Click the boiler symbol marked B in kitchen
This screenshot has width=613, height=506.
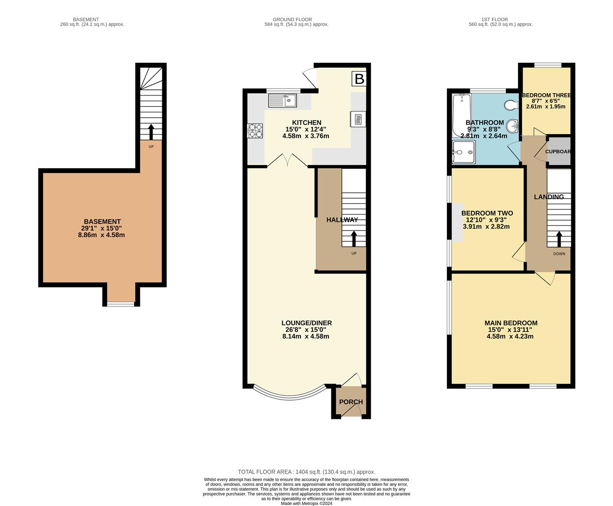[x=359, y=79]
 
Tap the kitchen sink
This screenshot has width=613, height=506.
[x=282, y=100]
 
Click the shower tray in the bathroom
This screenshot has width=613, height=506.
[x=463, y=152]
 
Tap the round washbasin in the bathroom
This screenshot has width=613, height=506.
[x=514, y=125]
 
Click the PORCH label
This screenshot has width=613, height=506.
[x=351, y=402]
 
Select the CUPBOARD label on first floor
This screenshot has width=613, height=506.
[x=558, y=151]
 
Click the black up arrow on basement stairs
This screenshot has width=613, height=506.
[x=151, y=131]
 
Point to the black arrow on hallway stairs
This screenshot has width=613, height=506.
[x=354, y=238]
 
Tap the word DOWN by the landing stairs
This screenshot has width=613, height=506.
[x=559, y=254]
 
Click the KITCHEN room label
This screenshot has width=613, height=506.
[x=306, y=123]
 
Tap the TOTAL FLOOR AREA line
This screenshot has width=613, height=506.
[x=306, y=472]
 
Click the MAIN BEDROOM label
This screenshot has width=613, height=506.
[x=511, y=323]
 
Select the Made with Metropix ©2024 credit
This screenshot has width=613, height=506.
[x=306, y=504]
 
